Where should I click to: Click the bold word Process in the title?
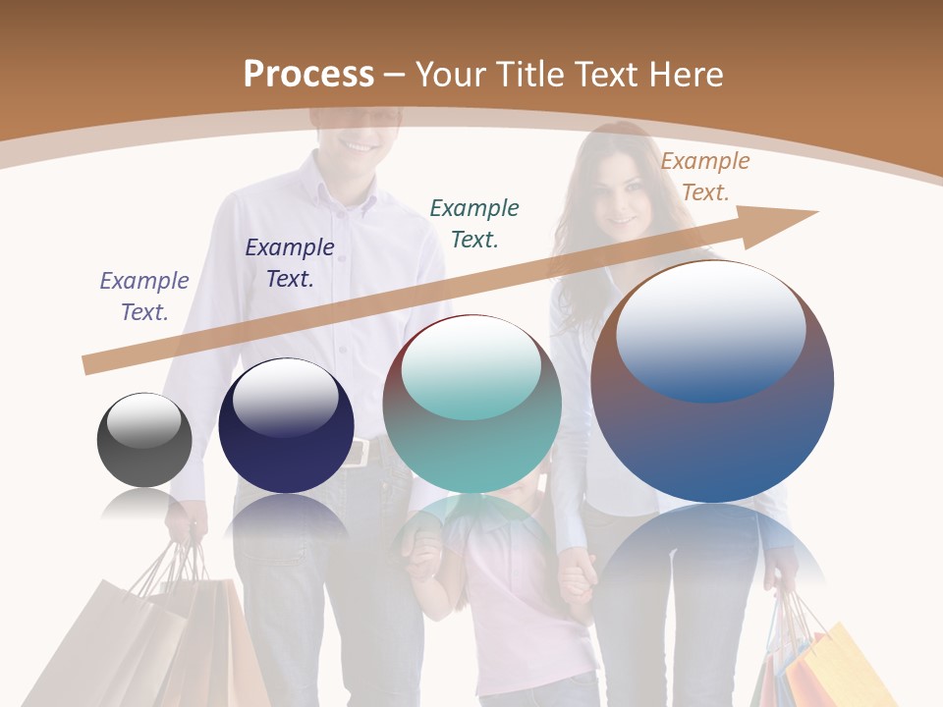click(308, 74)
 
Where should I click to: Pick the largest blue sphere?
click(712, 382)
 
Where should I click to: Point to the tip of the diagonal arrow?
click(815, 212)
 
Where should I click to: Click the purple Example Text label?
click(144, 296)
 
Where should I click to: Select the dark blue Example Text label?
click(290, 262)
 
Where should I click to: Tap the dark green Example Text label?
click(474, 223)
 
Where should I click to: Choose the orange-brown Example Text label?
click(705, 177)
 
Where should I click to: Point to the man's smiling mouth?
click(358, 145)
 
